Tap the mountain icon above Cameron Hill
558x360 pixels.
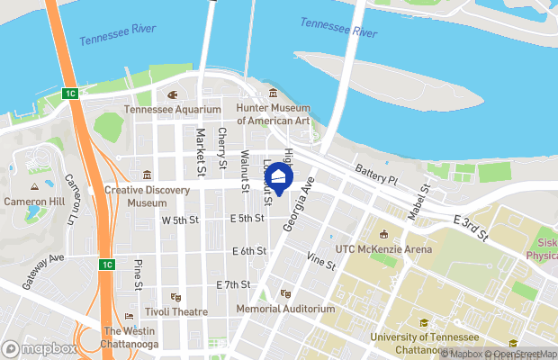[35, 184]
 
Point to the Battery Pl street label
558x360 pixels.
[376, 175]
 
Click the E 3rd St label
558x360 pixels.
[471, 229]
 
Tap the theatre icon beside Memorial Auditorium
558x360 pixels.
[285, 293]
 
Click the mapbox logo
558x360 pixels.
[40, 348]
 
